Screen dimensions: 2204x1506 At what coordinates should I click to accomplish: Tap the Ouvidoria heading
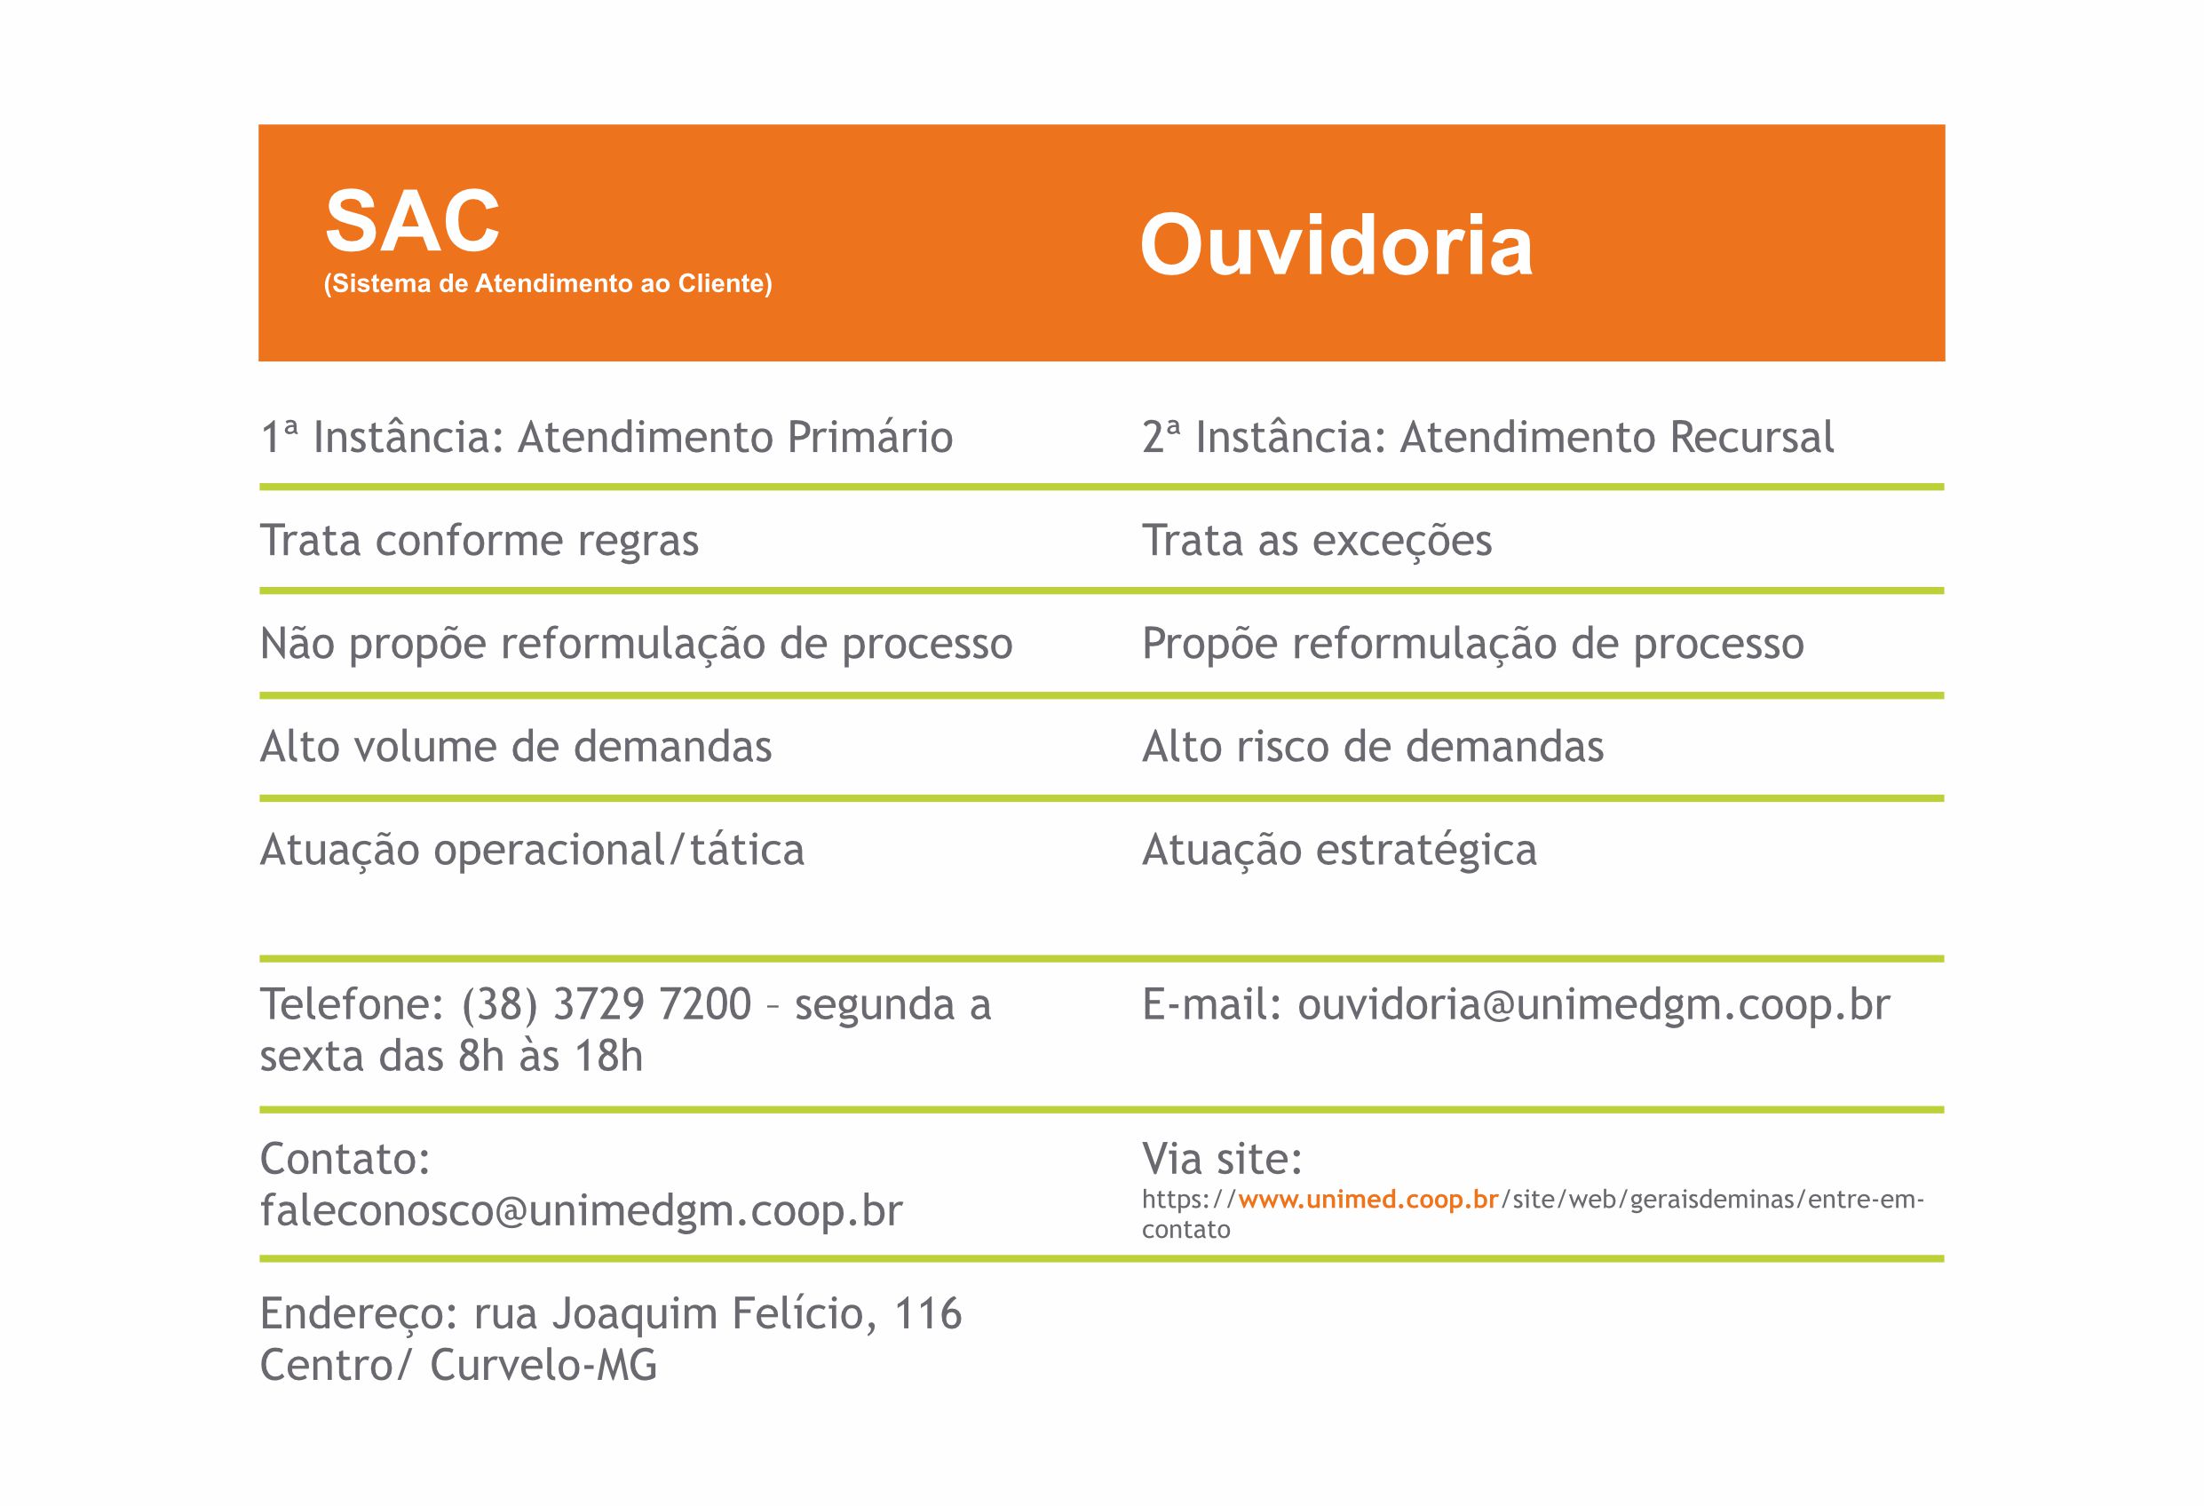click(1336, 245)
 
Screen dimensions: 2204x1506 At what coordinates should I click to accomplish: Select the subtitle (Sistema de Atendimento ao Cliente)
click(548, 283)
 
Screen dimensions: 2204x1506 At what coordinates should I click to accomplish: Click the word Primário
click(869, 437)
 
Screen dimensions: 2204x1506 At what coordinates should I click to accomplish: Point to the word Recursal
click(1752, 437)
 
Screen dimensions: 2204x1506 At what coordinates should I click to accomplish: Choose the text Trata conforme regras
click(479, 542)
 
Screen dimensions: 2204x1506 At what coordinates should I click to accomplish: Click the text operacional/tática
click(618, 851)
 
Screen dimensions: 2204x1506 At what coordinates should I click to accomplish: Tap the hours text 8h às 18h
click(550, 1056)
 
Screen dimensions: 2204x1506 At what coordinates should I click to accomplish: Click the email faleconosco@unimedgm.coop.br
click(581, 1211)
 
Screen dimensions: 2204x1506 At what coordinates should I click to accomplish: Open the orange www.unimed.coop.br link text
click(1368, 1200)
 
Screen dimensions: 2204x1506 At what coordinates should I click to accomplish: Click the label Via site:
click(1222, 1159)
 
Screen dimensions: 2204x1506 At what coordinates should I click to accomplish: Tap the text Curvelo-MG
click(543, 1366)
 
